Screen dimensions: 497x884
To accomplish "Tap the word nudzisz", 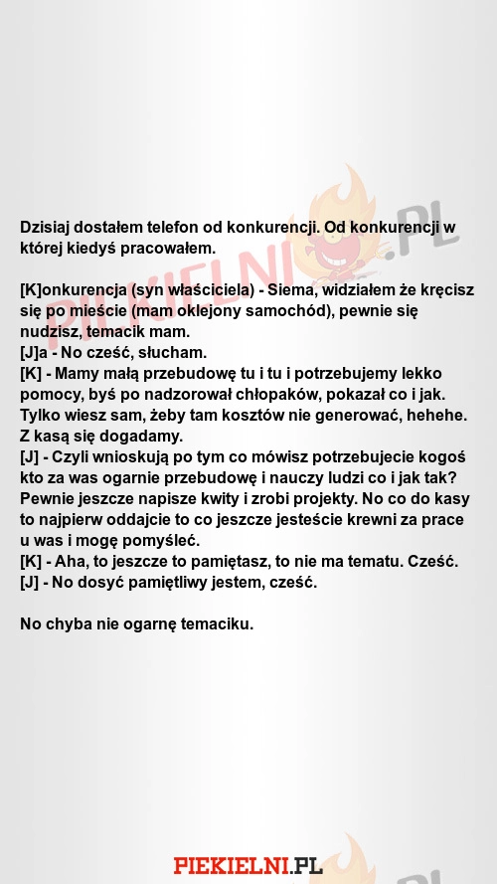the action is click(51, 331).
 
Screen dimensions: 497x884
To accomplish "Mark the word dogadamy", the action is click(156, 436).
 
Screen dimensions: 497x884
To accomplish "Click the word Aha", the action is click(81, 562).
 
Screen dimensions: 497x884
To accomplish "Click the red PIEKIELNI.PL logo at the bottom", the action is click(248, 864).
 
